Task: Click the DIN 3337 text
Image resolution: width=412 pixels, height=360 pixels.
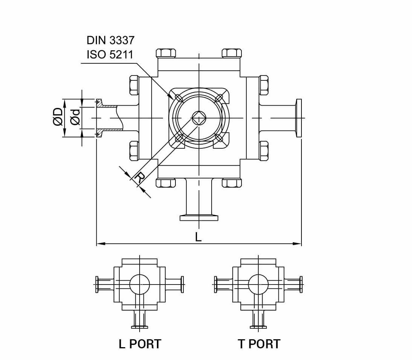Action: [x=110, y=40]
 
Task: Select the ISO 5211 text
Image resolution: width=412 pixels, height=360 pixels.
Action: [x=110, y=55]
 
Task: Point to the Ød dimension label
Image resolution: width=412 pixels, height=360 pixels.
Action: [x=75, y=117]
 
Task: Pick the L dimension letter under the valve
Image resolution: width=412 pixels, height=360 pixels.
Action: [x=198, y=237]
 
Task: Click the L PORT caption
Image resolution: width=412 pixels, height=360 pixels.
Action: [x=140, y=344]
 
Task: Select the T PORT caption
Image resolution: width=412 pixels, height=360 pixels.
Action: [x=259, y=344]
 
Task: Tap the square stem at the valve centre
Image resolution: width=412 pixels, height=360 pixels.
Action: [x=198, y=118]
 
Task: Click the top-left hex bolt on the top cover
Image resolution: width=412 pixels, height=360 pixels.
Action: [x=166, y=53]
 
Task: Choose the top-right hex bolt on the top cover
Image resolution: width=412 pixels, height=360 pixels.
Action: [x=231, y=53]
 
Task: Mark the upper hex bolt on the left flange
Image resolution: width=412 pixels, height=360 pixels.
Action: [x=134, y=85]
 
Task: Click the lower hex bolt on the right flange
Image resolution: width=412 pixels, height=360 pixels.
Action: [x=264, y=151]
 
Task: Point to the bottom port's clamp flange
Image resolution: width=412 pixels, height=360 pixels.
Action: [x=199, y=217]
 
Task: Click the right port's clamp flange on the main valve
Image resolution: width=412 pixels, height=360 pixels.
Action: [x=299, y=118]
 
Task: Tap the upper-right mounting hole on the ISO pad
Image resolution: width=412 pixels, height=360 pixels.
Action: [x=218, y=98]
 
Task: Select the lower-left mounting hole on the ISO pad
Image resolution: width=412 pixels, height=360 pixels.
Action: [x=179, y=138]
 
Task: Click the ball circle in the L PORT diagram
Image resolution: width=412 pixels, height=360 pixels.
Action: [x=139, y=284]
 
